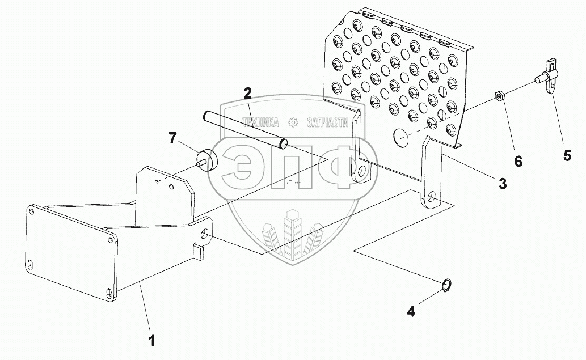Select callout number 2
[x=248, y=92]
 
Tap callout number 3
[x=502, y=183]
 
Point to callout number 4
[x=411, y=311]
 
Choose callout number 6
[x=517, y=162]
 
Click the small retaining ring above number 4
[x=447, y=286]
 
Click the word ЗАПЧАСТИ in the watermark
[x=327, y=122]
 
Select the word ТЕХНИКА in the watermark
[x=261, y=122]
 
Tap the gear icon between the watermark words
[x=293, y=122]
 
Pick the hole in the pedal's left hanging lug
[x=360, y=172]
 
